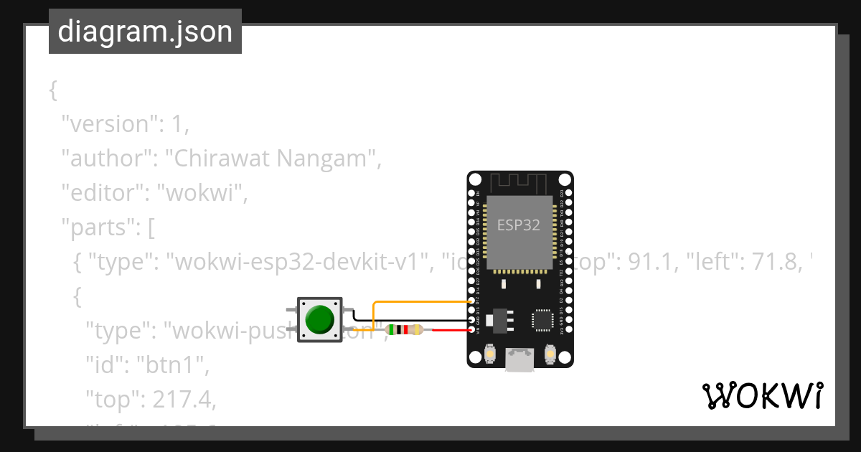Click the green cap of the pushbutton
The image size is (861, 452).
click(x=319, y=319)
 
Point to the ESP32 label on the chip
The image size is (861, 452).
click(x=519, y=225)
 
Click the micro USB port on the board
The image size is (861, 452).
click(x=519, y=360)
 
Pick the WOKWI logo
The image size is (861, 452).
click(x=762, y=396)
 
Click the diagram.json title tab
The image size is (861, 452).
click(x=145, y=32)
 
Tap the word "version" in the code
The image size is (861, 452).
click(x=110, y=124)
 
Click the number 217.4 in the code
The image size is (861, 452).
click(x=180, y=400)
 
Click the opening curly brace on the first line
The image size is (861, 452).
click(x=52, y=90)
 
